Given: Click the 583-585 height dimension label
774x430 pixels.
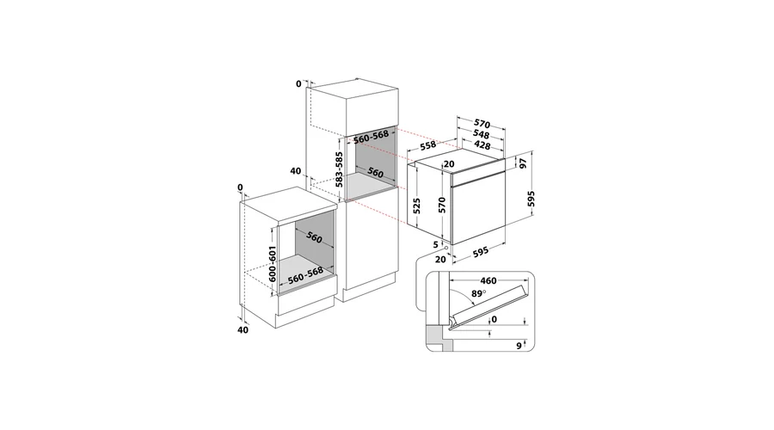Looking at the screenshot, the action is pos(339,169).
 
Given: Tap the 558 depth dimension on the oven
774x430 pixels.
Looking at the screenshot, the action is pos(428,144).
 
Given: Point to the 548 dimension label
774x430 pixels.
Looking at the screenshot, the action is pos(481,134).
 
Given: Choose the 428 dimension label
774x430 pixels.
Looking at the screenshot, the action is pos(482,145).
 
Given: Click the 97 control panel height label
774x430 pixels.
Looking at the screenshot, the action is pos(523,163).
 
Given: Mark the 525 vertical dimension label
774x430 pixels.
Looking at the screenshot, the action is pos(417,206).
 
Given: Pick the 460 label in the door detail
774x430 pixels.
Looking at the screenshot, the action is pos(488,281).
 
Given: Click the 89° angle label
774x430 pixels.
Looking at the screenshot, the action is pos(478,294).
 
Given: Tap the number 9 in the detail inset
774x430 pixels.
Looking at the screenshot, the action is pos(519,346).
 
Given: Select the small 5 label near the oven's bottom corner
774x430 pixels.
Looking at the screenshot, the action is pos(435,244).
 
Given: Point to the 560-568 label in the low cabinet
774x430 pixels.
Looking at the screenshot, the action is pos(305,275).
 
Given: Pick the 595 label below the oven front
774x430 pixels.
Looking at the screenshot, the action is pos(480,252).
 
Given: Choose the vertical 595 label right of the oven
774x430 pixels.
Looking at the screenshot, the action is pos(531,199).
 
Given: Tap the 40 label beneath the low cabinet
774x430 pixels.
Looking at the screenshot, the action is pos(243,329).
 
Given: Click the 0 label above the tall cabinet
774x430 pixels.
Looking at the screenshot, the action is pos(298,84).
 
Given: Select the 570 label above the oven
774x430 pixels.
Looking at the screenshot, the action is pos(482,124).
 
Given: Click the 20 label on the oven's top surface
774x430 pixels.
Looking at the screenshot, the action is pos(449,164).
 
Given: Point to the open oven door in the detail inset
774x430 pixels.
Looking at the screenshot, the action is pos(488,305).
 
